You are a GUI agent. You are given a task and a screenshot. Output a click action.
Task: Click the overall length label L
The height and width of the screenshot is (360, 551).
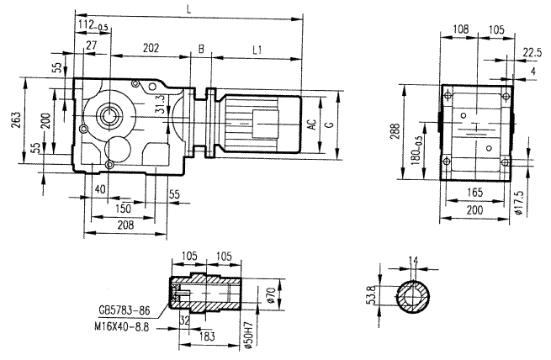(188, 8)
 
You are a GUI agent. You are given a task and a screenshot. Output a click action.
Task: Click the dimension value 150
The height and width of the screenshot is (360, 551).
(124, 207)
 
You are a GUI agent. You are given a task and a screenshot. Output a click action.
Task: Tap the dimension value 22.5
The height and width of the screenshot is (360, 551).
(532, 52)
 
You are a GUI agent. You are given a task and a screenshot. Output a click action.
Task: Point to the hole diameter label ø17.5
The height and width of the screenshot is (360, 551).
(519, 204)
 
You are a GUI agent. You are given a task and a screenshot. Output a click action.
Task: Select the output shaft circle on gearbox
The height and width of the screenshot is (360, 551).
(110, 115)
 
